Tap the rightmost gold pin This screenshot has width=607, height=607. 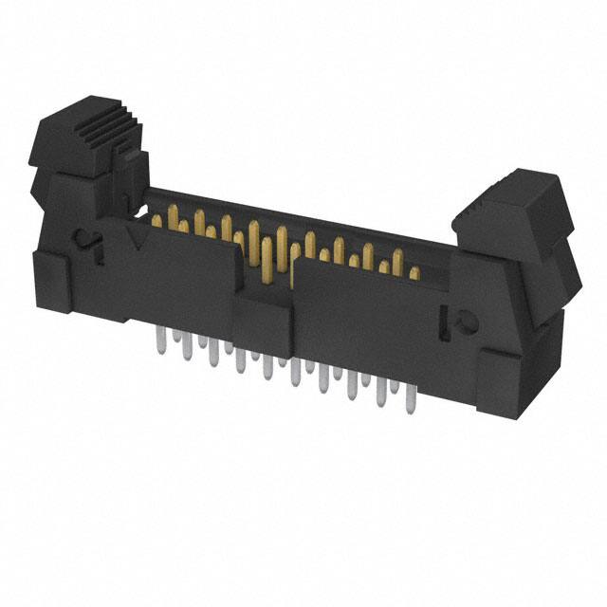[x=414, y=273]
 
